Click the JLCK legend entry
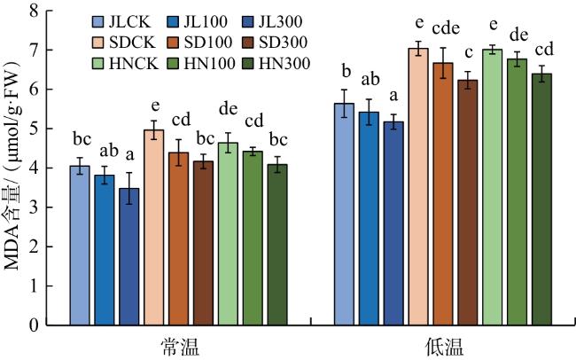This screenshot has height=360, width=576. pyautogui.click(x=121, y=21)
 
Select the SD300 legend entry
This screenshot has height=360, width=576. pyautogui.click(x=275, y=43)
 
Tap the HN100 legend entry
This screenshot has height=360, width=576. pyautogui.click(x=200, y=64)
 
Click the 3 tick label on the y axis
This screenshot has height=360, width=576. pyautogui.click(x=35, y=207)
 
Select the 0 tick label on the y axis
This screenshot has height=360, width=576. pyautogui.click(x=35, y=325)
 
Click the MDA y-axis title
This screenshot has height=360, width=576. pyautogui.click(x=12, y=165)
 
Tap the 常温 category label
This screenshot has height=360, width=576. pyautogui.click(x=180, y=347)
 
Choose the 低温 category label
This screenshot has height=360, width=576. pyautogui.click(x=444, y=347)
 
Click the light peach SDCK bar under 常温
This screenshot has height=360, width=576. pyautogui.click(x=154, y=228)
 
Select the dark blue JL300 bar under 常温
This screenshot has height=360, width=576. pyautogui.click(x=129, y=257)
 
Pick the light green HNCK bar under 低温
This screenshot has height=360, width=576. pyautogui.click(x=492, y=187)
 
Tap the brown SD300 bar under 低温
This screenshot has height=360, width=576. pyautogui.click(x=468, y=203)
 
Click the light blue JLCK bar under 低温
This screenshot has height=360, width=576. pyautogui.click(x=344, y=215)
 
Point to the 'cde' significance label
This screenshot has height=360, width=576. pyautogui.click(x=446, y=28)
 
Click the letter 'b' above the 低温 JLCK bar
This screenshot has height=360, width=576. pyautogui.click(x=346, y=71)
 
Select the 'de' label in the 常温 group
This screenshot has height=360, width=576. pyautogui.click(x=228, y=109)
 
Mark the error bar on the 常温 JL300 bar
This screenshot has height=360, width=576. pyautogui.click(x=129, y=188)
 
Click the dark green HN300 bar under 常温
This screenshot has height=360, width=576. pyautogui.click(x=277, y=245)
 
